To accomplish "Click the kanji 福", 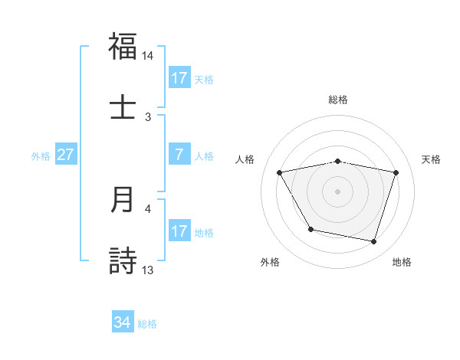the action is click(123, 47).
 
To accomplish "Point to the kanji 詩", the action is click(123, 260).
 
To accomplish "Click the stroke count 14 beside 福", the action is click(147, 56).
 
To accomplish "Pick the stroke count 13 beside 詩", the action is click(147, 270).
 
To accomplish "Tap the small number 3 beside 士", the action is click(148, 116).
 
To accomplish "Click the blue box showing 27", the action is click(65, 155).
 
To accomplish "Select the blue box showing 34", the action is click(122, 323).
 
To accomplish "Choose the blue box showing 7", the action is click(179, 155).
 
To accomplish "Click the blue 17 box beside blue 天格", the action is click(179, 78).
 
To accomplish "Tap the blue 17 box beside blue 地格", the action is click(179, 231).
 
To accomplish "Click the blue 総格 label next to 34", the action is click(147, 324).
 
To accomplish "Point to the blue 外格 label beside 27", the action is click(41, 155).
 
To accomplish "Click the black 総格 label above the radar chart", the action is click(337, 100).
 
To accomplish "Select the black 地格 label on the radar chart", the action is click(402, 262).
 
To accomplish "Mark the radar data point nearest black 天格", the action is click(396, 172).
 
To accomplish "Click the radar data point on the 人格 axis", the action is click(280, 172).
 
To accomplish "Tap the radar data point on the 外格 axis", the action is click(310, 228).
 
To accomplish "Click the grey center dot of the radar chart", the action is click(337, 191).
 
